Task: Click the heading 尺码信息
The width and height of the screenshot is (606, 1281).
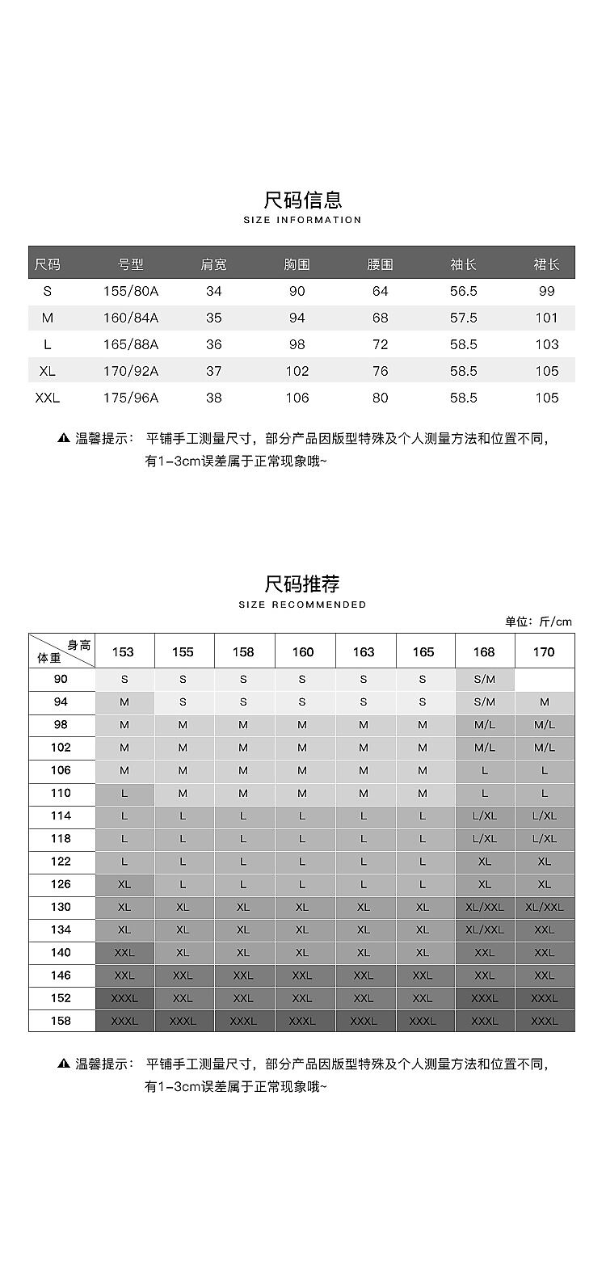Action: click(303, 199)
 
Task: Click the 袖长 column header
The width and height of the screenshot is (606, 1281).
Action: click(463, 264)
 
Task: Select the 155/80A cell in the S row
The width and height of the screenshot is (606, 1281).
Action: click(131, 291)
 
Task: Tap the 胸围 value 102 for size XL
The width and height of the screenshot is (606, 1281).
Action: click(297, 371)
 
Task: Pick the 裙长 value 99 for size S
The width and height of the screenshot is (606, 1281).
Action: click(546, 291)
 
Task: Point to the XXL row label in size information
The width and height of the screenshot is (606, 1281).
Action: click(48, 398)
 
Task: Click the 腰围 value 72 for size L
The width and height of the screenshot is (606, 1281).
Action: click(380, 344)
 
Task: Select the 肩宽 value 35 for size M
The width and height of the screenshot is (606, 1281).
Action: click(213, 318)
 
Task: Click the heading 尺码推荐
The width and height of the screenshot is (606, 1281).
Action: click(303, 584)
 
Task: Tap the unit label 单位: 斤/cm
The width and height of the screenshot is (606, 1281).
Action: click(538, 622)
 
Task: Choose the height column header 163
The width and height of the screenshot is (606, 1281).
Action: click(364, 652)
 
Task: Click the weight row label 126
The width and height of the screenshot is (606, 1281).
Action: click(61, 884)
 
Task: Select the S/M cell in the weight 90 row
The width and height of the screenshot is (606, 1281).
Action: click(485, 680)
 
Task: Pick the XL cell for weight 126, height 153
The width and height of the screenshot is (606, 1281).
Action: click(124, 884)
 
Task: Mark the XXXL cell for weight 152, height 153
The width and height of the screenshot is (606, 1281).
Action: click(124, 998)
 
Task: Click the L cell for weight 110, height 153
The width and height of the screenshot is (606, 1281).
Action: click(124, 794)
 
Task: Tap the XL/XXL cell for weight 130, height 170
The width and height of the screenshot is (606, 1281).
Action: click(545, 907)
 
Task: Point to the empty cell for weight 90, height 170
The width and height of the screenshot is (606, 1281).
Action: click(545, 680)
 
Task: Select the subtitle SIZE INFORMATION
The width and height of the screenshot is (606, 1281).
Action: click(303, 220)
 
